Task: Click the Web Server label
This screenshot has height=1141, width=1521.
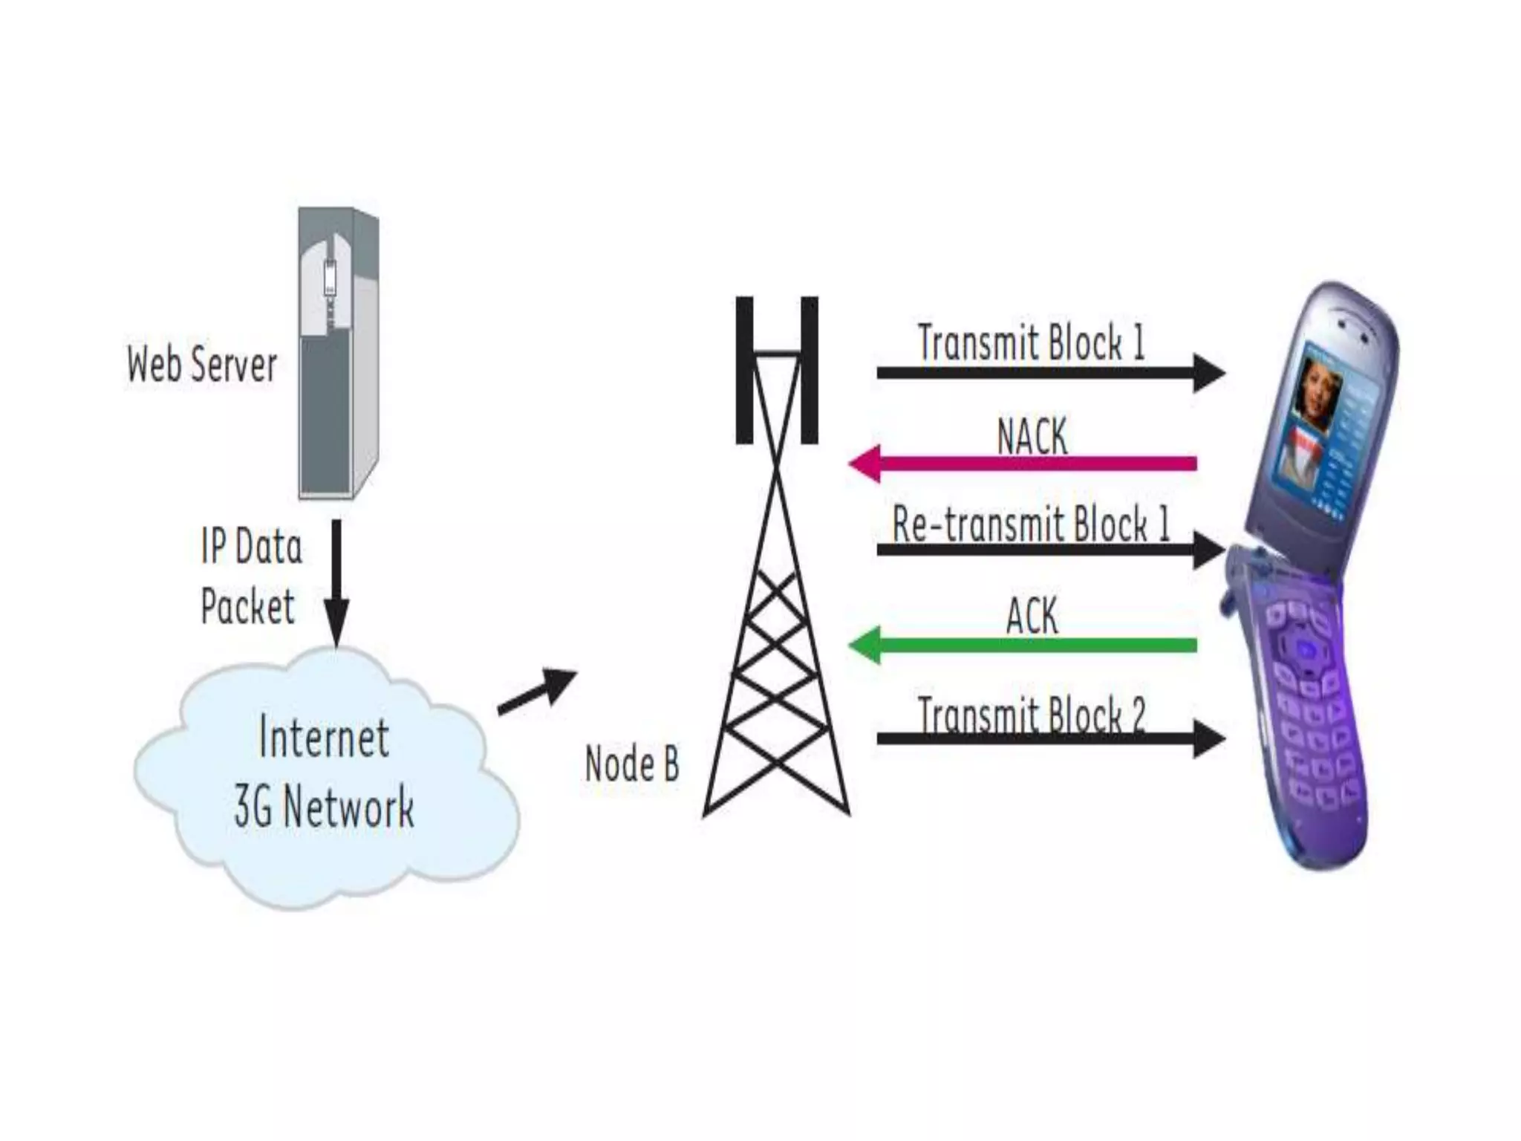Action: click(x=202, y=364)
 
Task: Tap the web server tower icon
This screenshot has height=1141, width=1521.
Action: click(x=339, y=353)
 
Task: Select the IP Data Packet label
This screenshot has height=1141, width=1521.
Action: click(x=250, y=576)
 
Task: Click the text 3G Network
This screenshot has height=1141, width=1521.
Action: click(x=324, y=807)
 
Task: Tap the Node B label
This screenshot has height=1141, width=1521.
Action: click(x=631, y=764)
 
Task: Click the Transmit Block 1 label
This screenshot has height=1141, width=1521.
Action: click(x=1031, y=342)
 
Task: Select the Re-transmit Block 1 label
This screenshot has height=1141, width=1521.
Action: click(x=1031, y=524)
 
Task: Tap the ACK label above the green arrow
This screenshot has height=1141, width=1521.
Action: click(x=1032, y=616)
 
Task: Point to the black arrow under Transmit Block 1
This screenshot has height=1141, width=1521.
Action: click(x=1040, y=372)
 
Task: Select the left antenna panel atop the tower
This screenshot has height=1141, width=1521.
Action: click(x=744, y=370)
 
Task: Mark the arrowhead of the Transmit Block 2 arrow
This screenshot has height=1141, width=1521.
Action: click(x=1209, y=738)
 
